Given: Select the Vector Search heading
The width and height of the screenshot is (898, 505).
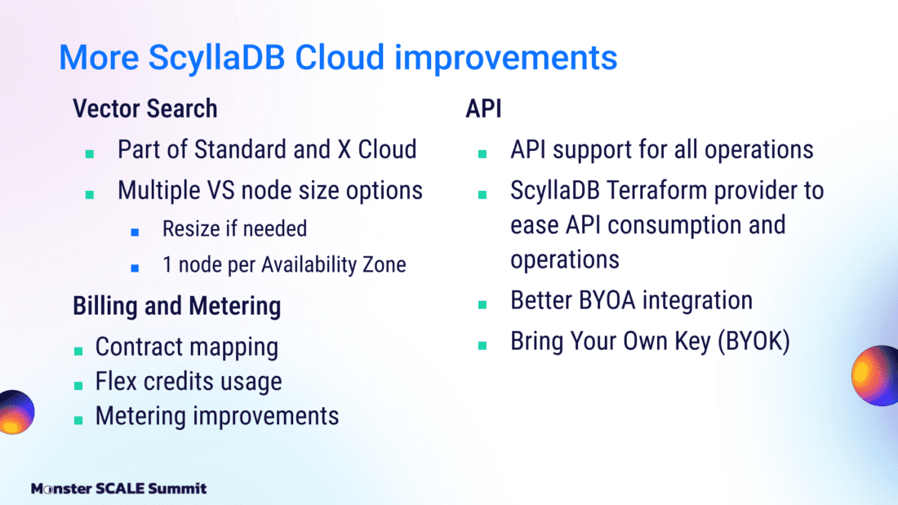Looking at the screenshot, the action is pyautogui.click(x=144, y=109).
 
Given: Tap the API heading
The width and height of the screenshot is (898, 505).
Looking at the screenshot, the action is pyautogui.click(x=483, y=109).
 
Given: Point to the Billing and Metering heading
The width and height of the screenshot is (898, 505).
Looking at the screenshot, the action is pyautogui.click(x=176, y=306).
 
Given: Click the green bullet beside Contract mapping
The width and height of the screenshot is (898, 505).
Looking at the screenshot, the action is pyautogui.click(x=78, y=351).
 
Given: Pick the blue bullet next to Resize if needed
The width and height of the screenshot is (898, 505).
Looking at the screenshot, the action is pyautogui.click(x=136, y=232).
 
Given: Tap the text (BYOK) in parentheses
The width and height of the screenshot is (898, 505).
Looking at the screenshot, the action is pyautogui.click(x=754, y=341).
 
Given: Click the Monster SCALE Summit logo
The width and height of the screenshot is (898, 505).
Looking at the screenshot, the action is pyautogui.click(x=118, y=489).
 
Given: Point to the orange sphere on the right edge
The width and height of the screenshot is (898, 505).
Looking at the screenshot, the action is pyautogui.click(x=874, y=375).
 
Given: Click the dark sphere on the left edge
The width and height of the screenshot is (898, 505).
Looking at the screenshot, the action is pyautogui.click(x=16, y=412).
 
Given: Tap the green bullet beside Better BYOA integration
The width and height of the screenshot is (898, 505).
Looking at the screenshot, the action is pyautogui.click(x=482, y=304).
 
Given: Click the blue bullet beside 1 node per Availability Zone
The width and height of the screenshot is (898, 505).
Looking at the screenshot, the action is pyautogui.click(x=136, y=268).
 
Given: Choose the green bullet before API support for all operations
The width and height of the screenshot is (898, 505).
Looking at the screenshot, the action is pyautogui.click(x=482, y=153).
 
